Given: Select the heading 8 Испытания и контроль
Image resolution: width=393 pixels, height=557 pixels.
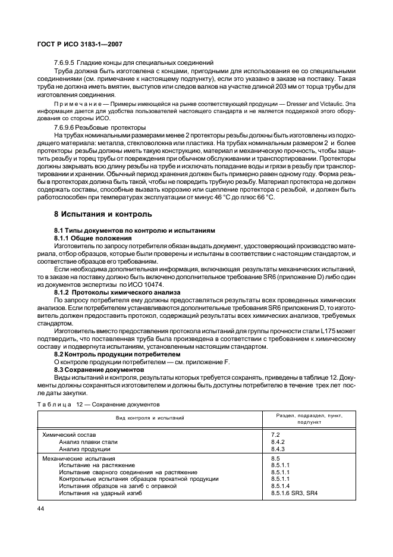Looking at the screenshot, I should (95, 214).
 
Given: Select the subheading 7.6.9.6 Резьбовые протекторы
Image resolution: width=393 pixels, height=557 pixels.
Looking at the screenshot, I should (100, 127).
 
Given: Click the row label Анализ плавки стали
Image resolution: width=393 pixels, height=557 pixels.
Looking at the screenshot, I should (88, 442).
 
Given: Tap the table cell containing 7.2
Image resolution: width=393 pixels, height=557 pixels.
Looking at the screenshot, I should (275, 435).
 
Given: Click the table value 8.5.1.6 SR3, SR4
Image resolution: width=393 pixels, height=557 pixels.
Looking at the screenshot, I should (294, 493).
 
